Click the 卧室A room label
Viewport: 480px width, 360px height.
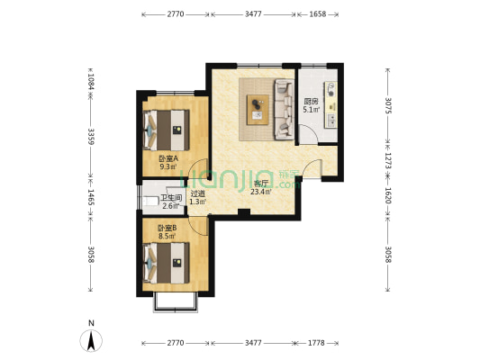[168, 158]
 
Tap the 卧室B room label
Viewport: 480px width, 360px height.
[168, 228]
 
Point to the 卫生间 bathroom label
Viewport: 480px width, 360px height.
[171, 198]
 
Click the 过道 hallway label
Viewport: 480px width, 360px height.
[197, 193]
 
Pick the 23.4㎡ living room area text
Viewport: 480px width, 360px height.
[261, 192]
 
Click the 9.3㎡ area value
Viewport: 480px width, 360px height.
[168, 166]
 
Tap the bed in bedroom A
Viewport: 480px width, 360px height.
[167, 130]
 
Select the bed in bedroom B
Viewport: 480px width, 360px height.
[167, 263]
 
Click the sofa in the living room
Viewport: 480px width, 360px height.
[285, 109]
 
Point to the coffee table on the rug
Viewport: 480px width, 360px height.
[258, 110]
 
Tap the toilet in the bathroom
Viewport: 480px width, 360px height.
[150, 201]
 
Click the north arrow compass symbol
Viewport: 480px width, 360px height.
[91, 340]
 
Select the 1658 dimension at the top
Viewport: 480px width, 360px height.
[318, 14]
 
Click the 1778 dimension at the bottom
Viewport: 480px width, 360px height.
[316, 343]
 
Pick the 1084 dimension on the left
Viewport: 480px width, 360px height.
[91, 82]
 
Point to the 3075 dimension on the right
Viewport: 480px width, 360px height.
[388, 105]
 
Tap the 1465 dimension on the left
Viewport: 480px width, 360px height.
[91, 197]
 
